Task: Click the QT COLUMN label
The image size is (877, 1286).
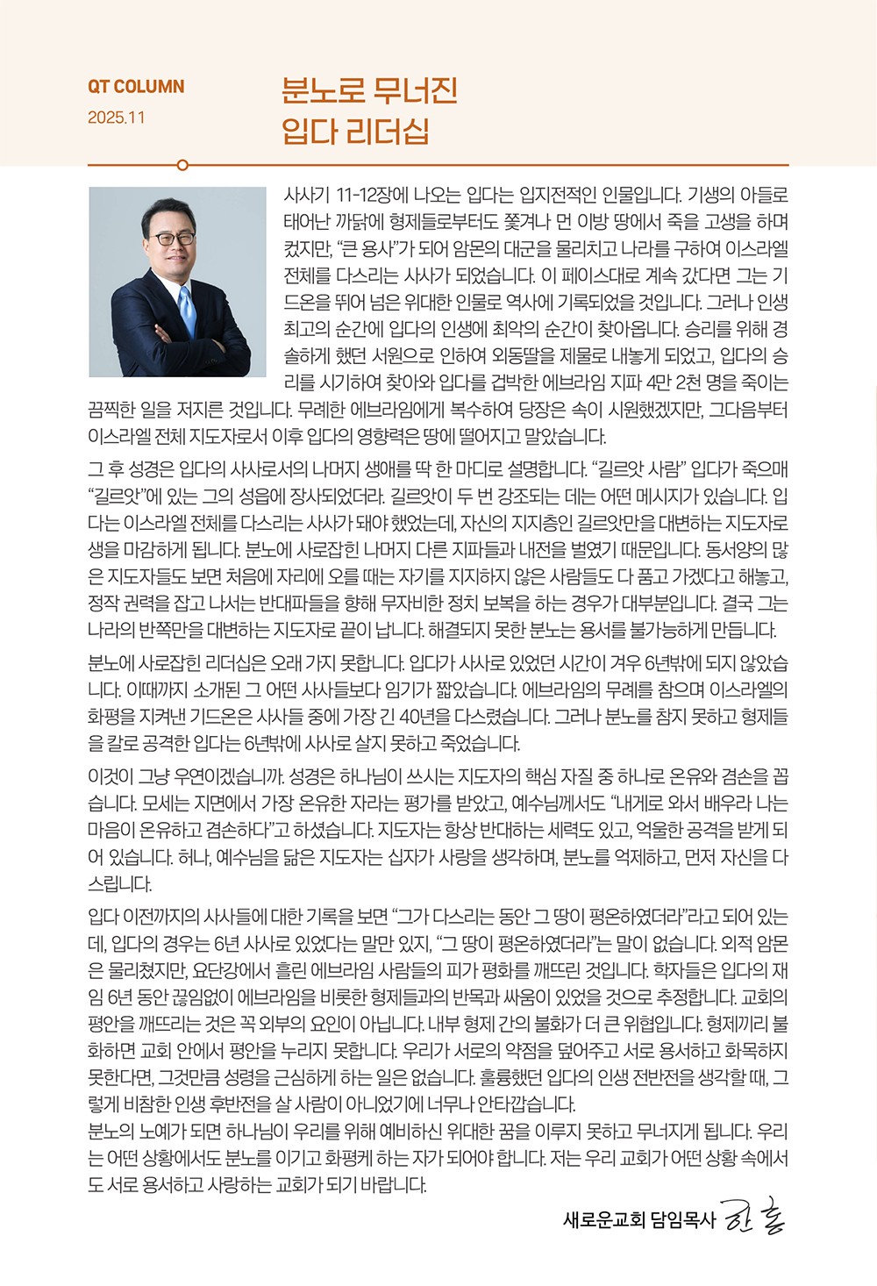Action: click(136, 87)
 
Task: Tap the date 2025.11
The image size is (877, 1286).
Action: click(117, 118)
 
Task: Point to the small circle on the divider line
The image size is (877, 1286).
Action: click(182, 164)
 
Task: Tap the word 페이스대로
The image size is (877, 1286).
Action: click(606, 275)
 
